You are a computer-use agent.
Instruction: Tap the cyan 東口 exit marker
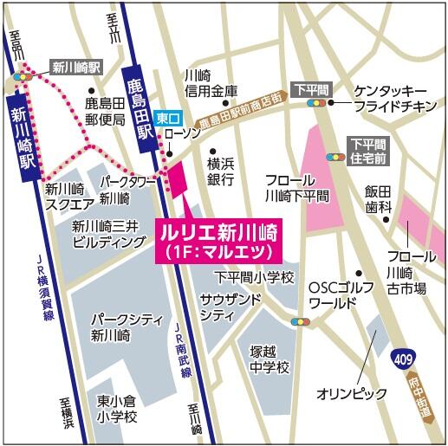(x=166, y=116)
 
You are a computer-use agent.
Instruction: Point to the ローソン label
(x=184, y=133)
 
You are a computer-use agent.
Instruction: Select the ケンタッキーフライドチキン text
(x=390, y=99)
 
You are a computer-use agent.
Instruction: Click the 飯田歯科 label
(x=378, y=199)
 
